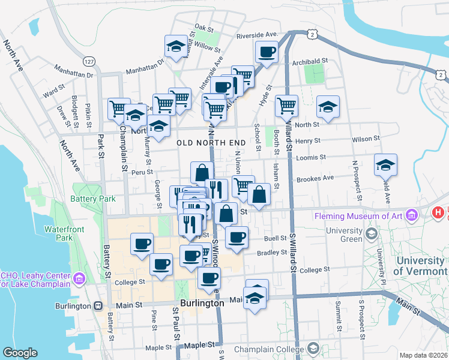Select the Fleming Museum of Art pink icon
[412, 214]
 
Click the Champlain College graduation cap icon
[313, 348]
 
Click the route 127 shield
[89, 62]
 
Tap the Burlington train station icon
[98, 305]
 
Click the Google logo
[20, 353]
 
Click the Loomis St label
[310, 157]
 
